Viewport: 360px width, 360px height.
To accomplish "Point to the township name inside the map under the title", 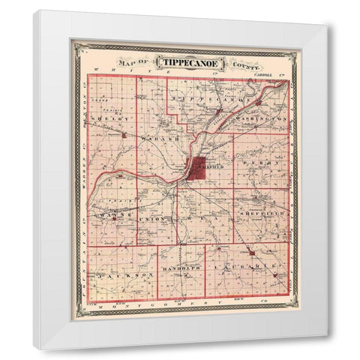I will click(x=198, y=98).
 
